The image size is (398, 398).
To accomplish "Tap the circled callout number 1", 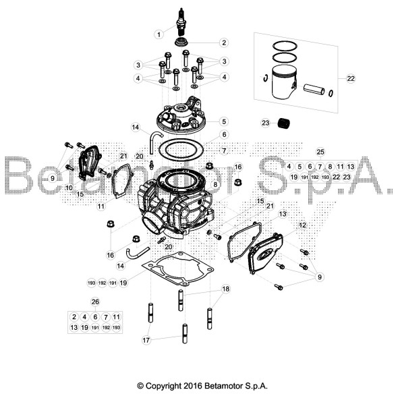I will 159,33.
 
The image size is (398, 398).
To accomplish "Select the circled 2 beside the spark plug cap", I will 223,42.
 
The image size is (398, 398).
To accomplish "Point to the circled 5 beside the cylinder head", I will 223,122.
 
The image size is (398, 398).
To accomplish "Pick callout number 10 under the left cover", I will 69,188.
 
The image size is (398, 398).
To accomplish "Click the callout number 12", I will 303,225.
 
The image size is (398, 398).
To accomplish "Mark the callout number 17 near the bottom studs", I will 146,341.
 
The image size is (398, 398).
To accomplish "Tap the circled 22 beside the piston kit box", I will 350,78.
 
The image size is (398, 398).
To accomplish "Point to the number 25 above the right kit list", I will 320,151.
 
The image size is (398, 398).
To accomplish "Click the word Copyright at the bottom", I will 162,386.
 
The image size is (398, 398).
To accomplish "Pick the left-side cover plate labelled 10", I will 88,165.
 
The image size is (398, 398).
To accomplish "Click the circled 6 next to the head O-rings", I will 223,135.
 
